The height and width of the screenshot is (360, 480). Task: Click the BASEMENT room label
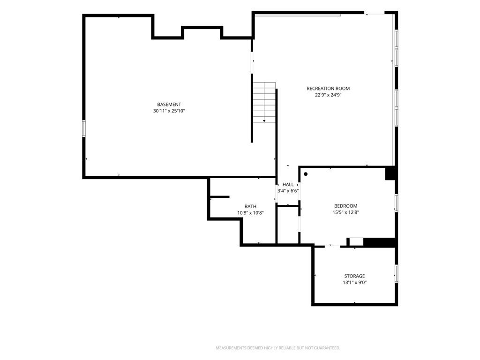(169, 105)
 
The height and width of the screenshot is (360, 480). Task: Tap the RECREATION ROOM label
(328, 89)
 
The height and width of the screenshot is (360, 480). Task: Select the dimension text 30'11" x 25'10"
(169, 111)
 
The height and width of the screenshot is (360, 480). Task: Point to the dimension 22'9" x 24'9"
(328, 95)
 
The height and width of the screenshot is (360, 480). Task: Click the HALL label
(288, 184)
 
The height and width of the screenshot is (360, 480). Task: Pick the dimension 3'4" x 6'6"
(288, 191)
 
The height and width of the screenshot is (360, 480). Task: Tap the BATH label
(250, 206)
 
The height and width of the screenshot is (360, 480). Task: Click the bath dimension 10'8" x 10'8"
(250, 213)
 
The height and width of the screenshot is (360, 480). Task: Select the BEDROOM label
(345, 206)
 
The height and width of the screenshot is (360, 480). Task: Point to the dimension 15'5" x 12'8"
(345, 212)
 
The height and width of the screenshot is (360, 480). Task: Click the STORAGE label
(354, 276)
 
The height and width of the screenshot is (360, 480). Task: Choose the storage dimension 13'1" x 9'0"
(354, 283)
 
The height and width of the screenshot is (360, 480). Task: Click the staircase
(264, 102)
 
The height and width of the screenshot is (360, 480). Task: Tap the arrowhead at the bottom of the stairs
(264, 121)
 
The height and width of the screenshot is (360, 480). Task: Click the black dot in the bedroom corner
(306, 174)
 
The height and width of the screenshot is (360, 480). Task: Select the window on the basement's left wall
(83, 128)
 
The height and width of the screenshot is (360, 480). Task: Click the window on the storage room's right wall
(397, 274)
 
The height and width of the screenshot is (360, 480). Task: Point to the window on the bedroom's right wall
(397, 203)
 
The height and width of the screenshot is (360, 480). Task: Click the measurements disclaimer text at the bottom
(278, 348)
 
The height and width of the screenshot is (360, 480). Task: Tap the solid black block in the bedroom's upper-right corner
(391, 173)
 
